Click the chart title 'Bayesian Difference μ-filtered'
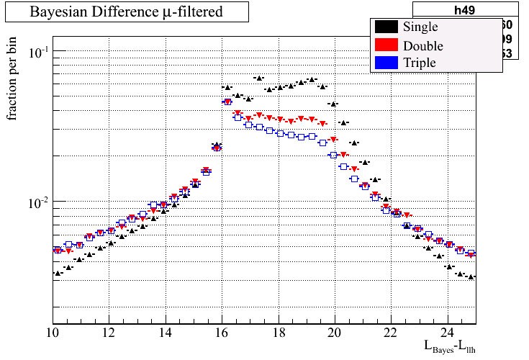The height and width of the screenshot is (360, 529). click(126, 12)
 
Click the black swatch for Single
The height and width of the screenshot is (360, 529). click(386, 27)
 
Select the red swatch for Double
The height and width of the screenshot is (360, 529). click(386, 45)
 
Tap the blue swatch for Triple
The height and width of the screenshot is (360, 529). click(386, 63)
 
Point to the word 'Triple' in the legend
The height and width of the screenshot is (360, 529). click(420, 63)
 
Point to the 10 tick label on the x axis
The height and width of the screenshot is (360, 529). click(53, 333)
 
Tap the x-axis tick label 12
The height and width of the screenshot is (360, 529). click(109, 333)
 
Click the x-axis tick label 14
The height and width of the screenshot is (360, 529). click(165, 333)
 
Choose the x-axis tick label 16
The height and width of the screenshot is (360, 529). click(222, 333)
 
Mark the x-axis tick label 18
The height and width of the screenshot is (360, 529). click(278, 333)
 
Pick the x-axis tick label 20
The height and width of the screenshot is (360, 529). click(335, 333)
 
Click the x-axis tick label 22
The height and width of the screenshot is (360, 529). click(391, 333)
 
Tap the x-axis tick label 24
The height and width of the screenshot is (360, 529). click(447, 333)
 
